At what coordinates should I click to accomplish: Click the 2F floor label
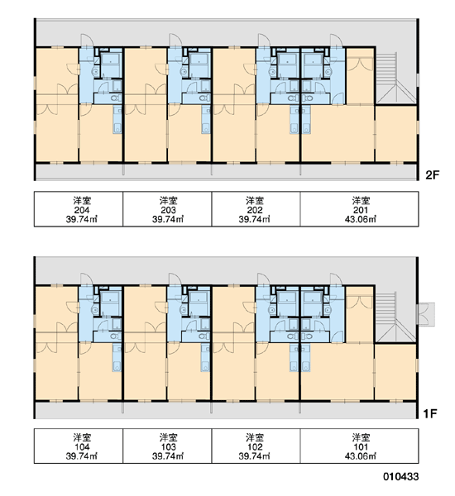(433, 175)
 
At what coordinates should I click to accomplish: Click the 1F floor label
(430, 413)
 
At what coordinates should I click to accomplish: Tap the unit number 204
(82, 210)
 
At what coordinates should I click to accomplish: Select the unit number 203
(168, 210)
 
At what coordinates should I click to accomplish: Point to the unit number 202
(255, 210)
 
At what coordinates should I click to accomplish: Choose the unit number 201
(361, 210)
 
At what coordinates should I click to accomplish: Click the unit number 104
(82, 447)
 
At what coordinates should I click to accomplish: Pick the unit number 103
(168, 447)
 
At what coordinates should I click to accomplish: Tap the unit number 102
(255, 447)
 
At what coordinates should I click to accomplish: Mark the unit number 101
(361, 447)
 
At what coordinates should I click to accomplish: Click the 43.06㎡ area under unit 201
(361, 219)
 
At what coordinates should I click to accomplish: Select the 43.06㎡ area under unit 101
(361, 456)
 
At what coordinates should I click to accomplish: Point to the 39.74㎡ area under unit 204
(82, 219)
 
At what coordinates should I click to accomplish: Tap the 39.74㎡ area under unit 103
(168, 456)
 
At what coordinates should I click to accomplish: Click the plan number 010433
(401, 476)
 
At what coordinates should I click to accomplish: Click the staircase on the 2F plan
(395, 79)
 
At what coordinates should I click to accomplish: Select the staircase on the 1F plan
(395, 317)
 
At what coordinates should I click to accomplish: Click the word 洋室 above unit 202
(255, 201)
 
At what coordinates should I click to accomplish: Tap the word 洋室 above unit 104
(82, 438)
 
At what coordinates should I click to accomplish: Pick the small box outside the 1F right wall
(426, 314)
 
